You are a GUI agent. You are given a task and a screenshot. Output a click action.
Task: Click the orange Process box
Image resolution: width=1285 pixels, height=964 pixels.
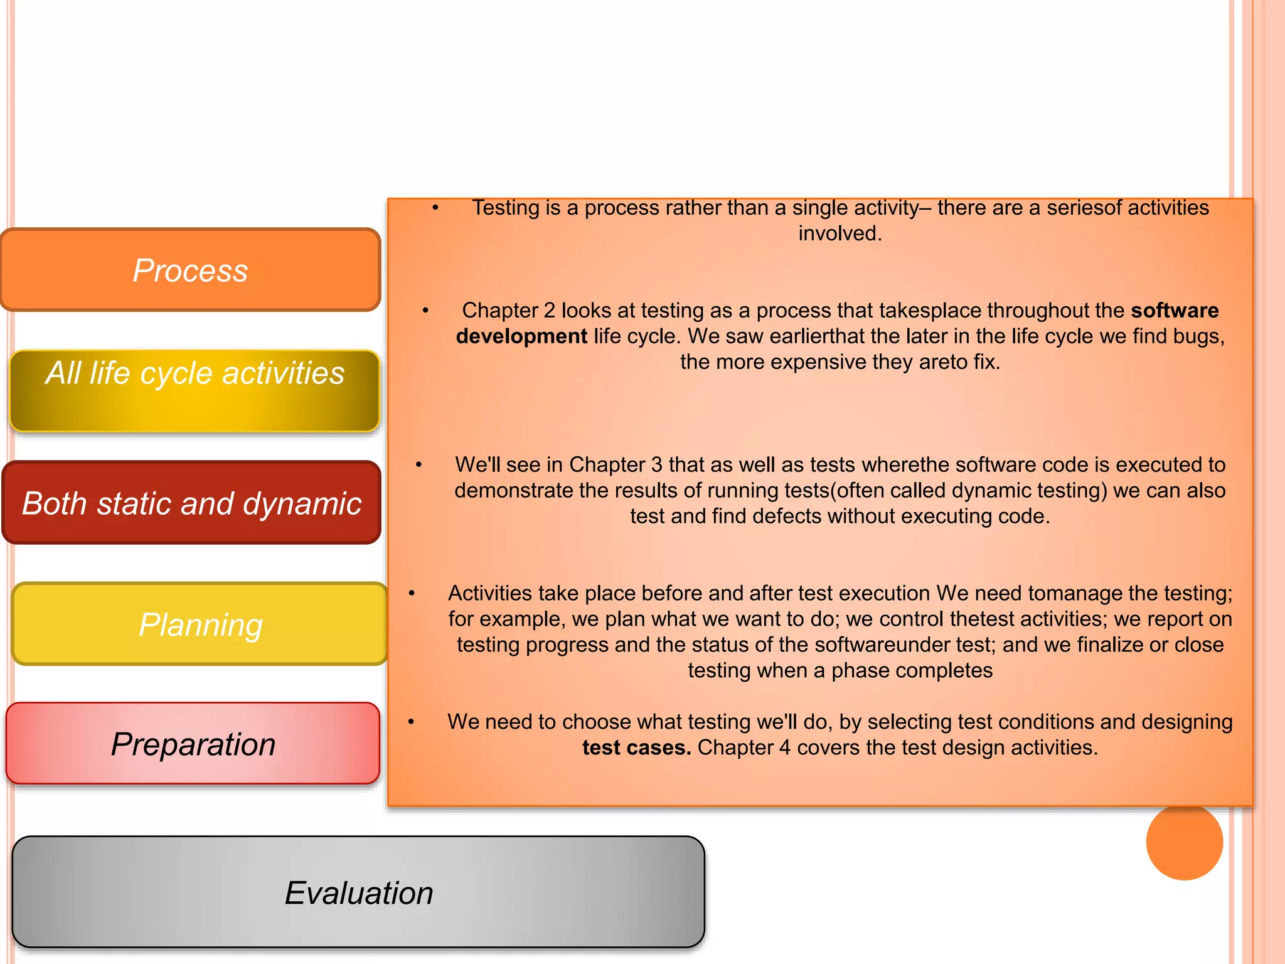click(190, 270)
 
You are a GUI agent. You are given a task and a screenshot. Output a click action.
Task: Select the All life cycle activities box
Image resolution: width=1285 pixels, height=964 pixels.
click(195, 391)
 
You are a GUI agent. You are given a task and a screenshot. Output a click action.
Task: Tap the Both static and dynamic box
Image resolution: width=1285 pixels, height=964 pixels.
click(191, 503)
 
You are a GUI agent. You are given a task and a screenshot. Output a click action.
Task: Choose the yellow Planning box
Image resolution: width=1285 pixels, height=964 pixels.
click(200, 624)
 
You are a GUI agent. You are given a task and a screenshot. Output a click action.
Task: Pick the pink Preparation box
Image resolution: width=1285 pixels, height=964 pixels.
click(193, 744)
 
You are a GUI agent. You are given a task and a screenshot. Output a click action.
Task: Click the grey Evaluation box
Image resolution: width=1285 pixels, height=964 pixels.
click(358, 892)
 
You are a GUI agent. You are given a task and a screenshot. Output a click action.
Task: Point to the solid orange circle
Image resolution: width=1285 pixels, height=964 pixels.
click(1184, 842)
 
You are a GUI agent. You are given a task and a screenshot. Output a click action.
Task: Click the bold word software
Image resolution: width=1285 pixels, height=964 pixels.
click(1175, 310)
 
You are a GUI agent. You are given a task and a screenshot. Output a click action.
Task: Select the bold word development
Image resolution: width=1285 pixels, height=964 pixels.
click(521, 336)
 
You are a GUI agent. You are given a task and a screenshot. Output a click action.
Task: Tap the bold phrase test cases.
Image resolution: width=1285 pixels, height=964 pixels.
click(636, 747)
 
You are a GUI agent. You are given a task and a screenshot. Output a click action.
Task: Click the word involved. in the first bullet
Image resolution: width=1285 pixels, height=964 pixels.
click(840, 233)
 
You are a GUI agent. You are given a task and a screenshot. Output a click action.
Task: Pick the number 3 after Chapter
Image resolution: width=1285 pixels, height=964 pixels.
click(656, 464)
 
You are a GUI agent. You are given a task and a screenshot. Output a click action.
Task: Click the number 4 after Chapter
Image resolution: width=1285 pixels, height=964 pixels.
click(784, 747)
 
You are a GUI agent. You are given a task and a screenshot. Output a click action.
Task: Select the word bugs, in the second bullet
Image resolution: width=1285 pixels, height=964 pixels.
click(1198, 336)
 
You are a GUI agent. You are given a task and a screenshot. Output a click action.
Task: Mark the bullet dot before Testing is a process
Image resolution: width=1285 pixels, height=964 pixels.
click(435, 208)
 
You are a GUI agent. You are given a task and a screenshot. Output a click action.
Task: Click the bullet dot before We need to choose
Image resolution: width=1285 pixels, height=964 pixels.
click(411, 722)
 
